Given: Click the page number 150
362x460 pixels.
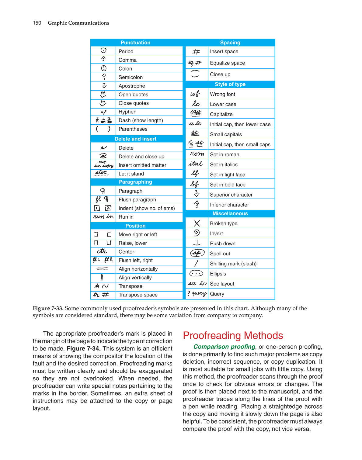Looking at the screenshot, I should [x=37, y=23].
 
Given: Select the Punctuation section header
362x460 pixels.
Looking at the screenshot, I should [x=135, y=43].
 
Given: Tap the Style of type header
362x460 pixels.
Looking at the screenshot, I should [x=230, y=84].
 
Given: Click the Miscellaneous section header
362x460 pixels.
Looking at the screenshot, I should [x=230, y=213].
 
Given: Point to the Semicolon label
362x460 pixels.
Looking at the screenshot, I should [x=131, y=77].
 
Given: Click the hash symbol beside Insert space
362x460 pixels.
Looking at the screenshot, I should [x=196, y=52].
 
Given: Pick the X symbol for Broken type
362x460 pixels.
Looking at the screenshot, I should [x=197, y=223].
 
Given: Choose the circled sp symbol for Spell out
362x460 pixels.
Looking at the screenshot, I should [x=197, y=253].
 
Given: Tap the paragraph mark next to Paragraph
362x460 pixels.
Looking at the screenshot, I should [x=103, y=191].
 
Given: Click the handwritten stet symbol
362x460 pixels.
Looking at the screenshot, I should [x=101, y=173].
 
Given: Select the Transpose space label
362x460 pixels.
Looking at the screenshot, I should [x=138, y=295].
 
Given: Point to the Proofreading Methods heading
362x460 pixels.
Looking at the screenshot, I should [x=233, y=336].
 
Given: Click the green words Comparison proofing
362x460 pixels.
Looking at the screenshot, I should [x=224, y=347].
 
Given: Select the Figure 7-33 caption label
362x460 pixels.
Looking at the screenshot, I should [x=48, y=308].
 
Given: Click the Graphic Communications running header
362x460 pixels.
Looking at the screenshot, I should [x=78, y=23].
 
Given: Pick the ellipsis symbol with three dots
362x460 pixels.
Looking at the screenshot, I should [x=196, y=274].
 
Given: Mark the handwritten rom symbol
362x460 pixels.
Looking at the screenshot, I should [x=197, y=154].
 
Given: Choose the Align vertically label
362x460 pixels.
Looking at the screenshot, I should [x=135, y=278].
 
